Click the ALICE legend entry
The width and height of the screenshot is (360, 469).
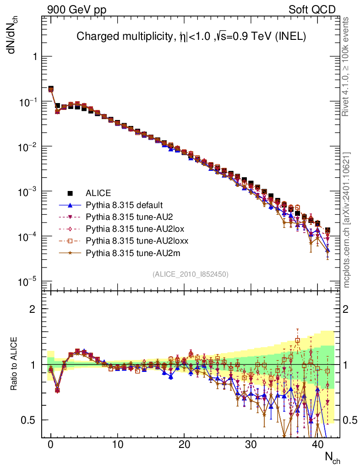(98, 193)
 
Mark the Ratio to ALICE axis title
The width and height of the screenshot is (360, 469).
(14, 365)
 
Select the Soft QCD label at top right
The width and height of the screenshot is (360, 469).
(312, 10)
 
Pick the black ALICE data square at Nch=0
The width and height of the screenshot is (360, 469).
(51, 89)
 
